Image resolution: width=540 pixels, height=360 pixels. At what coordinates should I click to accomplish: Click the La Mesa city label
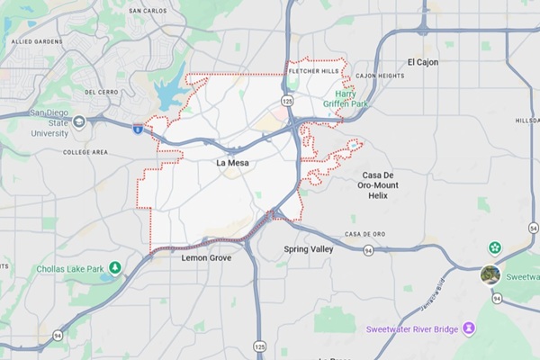point(232,164)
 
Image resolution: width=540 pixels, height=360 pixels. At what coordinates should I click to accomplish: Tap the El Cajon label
point(422,62)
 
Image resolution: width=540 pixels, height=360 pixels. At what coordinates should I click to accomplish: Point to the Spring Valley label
point(308,248)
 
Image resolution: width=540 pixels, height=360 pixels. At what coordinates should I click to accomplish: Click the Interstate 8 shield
point(138,130)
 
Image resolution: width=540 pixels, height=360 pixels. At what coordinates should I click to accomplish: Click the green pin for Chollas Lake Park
point(115,268)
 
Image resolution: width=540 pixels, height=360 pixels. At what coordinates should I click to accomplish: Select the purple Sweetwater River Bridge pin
point(468,328)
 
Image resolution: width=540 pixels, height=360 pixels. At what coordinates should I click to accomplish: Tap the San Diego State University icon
point(79,122)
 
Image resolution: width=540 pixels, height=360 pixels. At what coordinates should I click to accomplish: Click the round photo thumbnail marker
point(490,274)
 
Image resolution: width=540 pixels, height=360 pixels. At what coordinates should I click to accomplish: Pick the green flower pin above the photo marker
point(494,247)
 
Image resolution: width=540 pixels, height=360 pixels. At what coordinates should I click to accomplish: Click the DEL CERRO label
point(102,92)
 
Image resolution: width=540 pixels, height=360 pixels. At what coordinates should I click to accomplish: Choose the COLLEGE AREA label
point(85,152)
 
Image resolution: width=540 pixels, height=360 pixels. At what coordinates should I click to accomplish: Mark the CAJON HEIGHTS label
point(380,76)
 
